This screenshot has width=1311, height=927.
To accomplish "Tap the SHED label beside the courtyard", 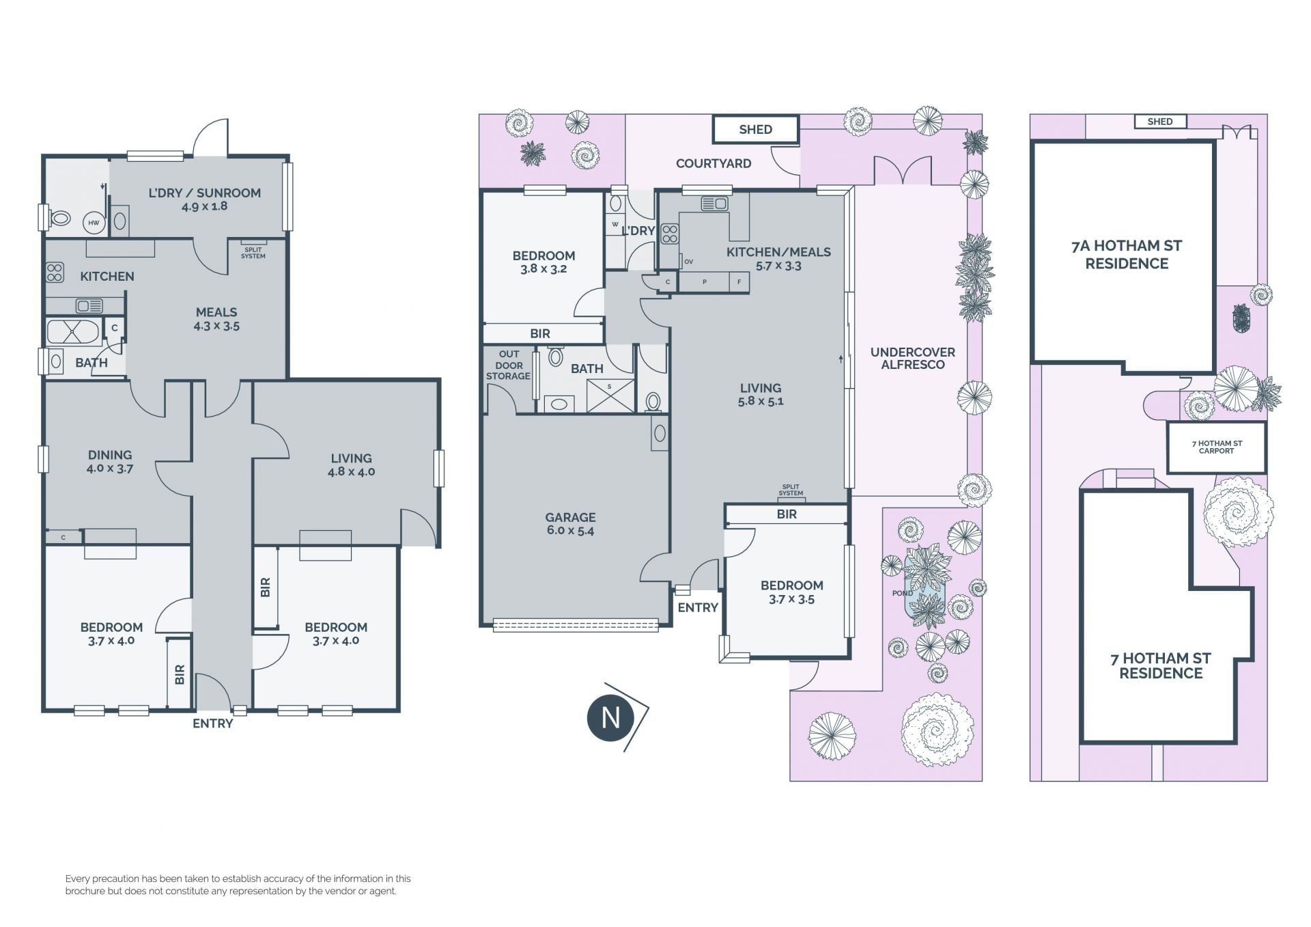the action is point(755,130).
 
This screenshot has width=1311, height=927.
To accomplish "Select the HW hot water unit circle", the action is point(94,223).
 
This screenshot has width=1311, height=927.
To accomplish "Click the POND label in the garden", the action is point(902,593).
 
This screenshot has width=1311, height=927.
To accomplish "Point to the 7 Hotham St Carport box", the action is point(1216,447).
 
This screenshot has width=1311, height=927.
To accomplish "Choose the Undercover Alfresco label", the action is point(912,358).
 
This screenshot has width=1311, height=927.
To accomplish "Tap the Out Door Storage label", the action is point(509,365).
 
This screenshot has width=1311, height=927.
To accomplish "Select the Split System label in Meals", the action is point(253,253).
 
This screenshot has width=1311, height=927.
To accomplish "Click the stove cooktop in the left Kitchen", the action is point(55,273).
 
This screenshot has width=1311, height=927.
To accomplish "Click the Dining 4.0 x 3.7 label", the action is point(110,461).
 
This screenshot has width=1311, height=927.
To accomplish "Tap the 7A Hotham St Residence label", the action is point(1127,255).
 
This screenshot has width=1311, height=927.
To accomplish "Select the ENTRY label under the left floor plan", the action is point(212,723).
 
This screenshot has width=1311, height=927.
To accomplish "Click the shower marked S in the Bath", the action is point(610,396).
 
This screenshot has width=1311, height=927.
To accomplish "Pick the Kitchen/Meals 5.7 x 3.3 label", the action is point(778,259).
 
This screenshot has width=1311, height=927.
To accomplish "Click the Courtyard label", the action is point(714,163).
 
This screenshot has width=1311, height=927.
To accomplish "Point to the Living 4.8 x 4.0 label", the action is point(351,465).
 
